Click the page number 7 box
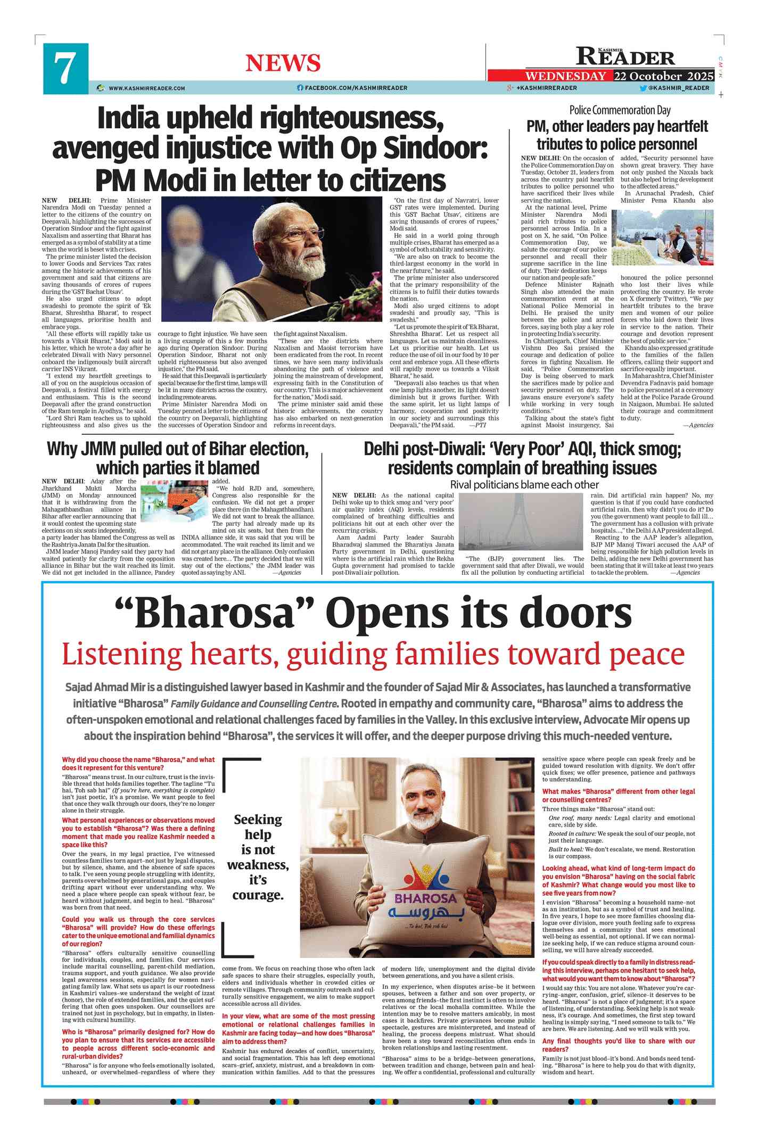point(65,69)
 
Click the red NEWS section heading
point(283,63)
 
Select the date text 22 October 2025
point(663,76)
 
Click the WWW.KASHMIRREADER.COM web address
point(147,88)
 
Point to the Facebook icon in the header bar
point(300,88)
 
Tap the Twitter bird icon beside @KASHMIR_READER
point(643,88)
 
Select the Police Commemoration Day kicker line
point(620,110)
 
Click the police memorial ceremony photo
point(662,237)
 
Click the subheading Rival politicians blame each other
point(524,484)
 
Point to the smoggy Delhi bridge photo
point(522,522)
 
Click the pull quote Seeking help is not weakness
point(258,857)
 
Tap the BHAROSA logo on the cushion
point(426,898)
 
